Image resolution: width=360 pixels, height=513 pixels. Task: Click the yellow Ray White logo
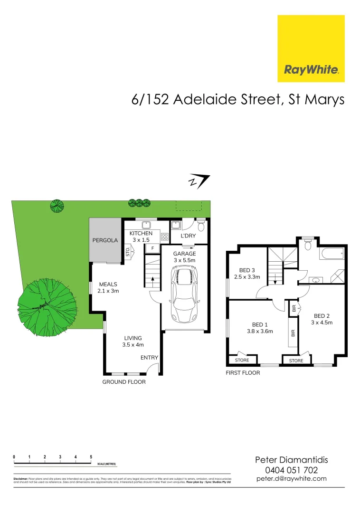click(x=311, y=48)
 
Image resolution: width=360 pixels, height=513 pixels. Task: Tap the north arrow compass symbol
click(x=199, y=181)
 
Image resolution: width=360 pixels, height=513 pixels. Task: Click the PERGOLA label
click(x=104, y=240)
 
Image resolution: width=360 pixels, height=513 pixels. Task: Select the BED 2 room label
click(x=322, y=316)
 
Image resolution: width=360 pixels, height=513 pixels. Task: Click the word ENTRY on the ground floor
click(x=149, y=358)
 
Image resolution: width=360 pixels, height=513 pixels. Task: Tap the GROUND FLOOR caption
click(x=124, y=381)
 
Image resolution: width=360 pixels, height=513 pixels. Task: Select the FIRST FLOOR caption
click(x=243, y=373)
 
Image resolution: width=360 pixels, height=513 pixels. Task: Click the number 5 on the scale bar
click(x=91, y=457)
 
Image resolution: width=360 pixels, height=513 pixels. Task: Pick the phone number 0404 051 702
click(x=292, y=470)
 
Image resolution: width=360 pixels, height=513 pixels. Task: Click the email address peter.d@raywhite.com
click(x=292, y=478)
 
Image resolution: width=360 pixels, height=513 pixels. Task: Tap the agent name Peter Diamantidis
click(x=292, y=460)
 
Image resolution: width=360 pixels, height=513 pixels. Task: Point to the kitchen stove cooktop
click(x=165, y=236)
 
